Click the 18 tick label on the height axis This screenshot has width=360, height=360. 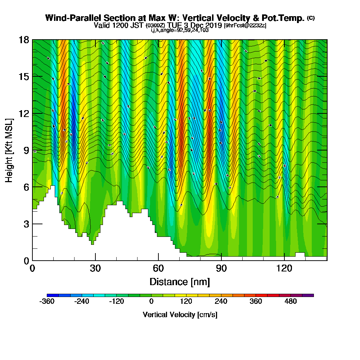[x=23, y=40]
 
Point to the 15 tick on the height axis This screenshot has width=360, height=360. [x=23, y=77]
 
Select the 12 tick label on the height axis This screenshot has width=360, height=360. [x=23, y=113]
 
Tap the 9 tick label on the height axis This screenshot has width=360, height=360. [x=26, y=150]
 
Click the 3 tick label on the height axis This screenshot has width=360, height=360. [x=26, y=224]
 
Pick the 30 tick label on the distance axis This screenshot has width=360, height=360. [x=95, y=268]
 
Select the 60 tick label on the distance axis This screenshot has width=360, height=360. [x=158, y=268]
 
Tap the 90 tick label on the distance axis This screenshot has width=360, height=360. [x=221, y=268]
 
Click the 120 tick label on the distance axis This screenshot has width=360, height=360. [x=284, y=268]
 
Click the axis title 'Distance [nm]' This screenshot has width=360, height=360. [x=180, y=281]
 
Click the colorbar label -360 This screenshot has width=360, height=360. [x=47, y=301]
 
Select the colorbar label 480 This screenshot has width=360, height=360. [x=291, y=301]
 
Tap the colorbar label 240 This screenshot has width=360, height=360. [x=221, y=301]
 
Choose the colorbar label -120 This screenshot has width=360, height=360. [x=117, y=301]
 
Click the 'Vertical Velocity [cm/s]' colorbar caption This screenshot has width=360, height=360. [x=180, y=315]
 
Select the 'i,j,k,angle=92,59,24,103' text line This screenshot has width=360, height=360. [x=180, y=30]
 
